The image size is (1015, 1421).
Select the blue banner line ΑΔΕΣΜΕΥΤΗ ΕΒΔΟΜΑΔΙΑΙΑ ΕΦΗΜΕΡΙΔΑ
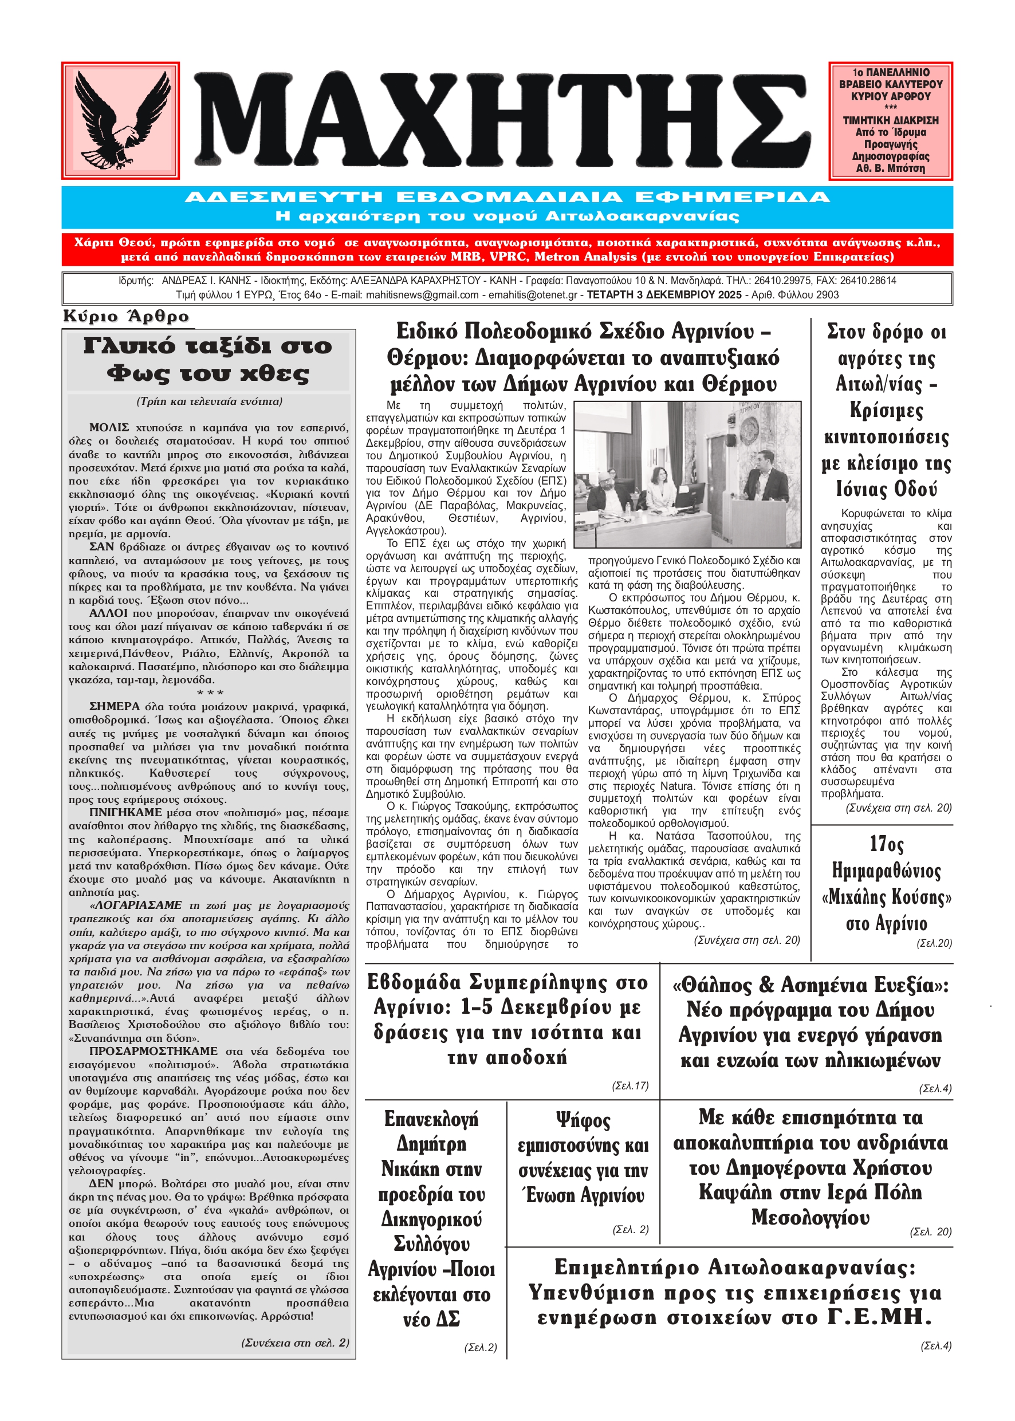coord(507,198)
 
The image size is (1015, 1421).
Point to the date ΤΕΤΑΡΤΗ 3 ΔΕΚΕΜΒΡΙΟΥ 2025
coord(664,295)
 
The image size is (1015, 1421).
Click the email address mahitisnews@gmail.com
coord(422,295)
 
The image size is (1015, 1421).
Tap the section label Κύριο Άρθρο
coord(125,317)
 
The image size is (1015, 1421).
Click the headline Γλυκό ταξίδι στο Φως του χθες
coord(208,359)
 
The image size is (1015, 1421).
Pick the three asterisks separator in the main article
coord(210,693)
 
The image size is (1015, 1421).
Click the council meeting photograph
coord(687,475)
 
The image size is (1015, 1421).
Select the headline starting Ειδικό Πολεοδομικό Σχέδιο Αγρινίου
coord(583,357)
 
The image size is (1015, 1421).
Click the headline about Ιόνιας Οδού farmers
coord(886,410)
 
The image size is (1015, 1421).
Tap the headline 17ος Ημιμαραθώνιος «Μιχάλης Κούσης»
coord(886,884)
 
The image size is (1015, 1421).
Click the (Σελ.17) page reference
coord(630,1086)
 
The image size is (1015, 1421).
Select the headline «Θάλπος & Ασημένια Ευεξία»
coord(810,1022)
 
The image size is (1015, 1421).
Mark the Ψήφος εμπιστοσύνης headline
coord(583,1158)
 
